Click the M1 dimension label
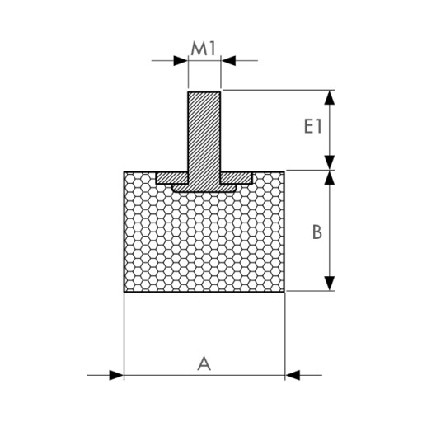point(204,49)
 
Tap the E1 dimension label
point(312,127)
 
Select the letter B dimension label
point(317,232)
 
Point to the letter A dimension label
point(204,363)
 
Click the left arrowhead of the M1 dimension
point(181,61)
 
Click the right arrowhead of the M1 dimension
point(228,61)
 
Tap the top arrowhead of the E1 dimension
point(330,97)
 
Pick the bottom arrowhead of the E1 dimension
point(330,162)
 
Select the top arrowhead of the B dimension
point(330,178)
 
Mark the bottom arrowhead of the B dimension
point(330,284)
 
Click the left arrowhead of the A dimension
point(116,375)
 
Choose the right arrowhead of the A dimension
point(293,375)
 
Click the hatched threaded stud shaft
point(204,132)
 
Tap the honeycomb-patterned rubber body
point(204,241)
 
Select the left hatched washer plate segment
point(172,178)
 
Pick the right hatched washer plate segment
point(237,178)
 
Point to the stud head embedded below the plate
point(204,188)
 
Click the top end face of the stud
point(204,92)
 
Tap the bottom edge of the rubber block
point(204,292)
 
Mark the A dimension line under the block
point(204,375)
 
